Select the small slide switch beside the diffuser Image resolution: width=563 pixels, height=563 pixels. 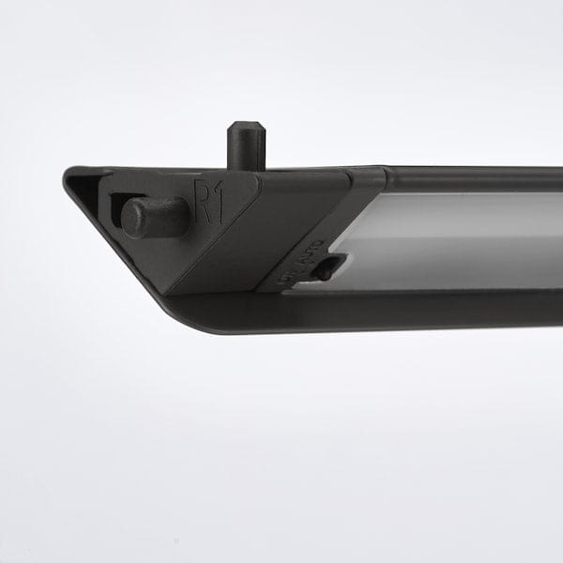[325, 270]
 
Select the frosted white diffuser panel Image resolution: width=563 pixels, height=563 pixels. [450, 239]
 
